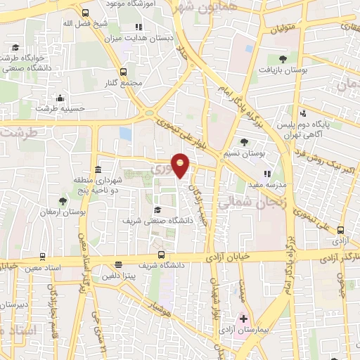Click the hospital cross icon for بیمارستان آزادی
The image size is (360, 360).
click(x=243, y=319)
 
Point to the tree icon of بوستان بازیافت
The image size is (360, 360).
click(x=283, y=59)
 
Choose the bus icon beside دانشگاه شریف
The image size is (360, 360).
click(x=162, y=255)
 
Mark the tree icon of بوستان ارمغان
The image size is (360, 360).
click(x=63, y=201)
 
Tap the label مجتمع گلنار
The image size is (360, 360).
click(x=127, y=82)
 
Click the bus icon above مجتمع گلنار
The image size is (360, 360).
click(x=124, y=71)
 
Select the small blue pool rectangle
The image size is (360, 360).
click(x=125, y=133)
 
